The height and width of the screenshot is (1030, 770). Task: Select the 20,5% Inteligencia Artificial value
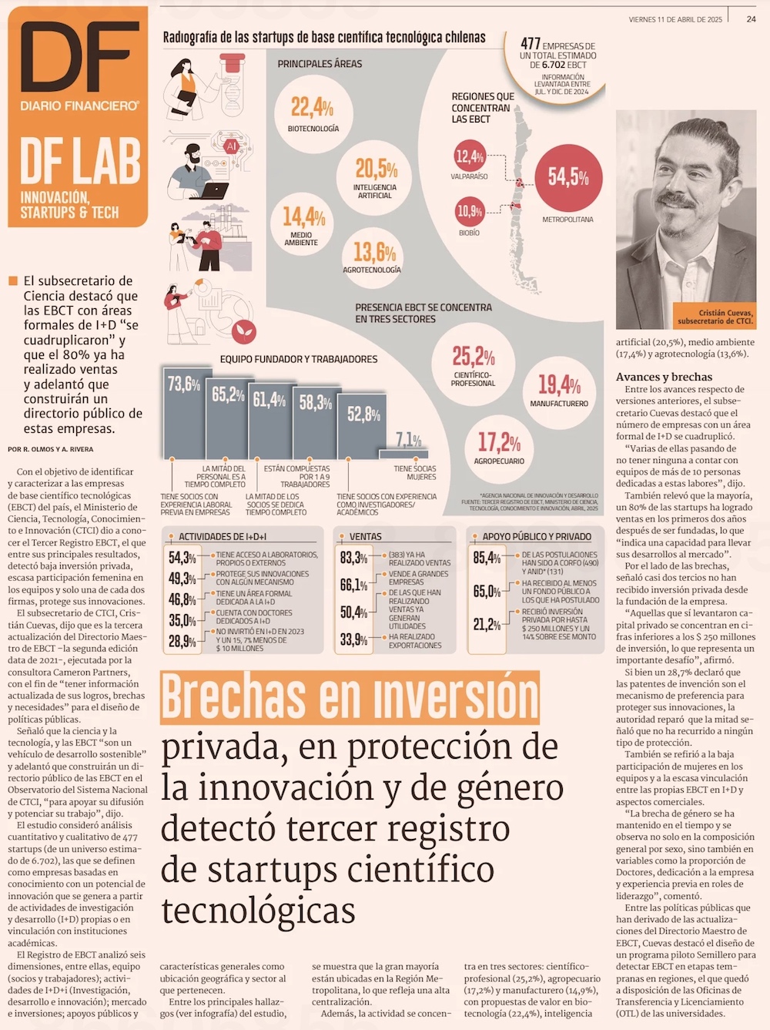pyautogui.click(x=376, y=169)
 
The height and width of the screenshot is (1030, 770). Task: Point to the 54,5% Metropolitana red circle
pyautogui.click(x=568, y=178)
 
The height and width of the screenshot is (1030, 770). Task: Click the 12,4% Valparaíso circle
pyautogui.click(x=470, y=157)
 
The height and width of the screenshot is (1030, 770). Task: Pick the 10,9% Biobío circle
pyautogui.click(x=470, y=211)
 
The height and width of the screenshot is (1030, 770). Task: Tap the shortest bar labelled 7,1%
pyautogui.click(x=409, y=451)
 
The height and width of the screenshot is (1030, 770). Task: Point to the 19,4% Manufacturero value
pyautogui.click(x=559, y=384)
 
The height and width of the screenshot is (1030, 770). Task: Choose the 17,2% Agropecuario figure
pyautogui.click(x=499, y=442)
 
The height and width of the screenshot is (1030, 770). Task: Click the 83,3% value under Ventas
pyautogui.click(x=353, y=558)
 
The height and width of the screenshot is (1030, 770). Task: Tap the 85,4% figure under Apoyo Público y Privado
pyautogui.click(x=487, y=558)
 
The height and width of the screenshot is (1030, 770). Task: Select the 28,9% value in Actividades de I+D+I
pyautogui.click(x=182, y=641)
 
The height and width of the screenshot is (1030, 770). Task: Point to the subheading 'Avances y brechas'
pyautogui.click(x=664, y=377)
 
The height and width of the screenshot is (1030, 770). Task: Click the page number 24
pyautogui.click(x=751, y=18)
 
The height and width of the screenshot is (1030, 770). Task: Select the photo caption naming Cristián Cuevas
pyautogui.click(x=715, y=317)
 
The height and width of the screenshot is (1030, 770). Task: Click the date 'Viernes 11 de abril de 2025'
pyautogui.click(x=675, y=19)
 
